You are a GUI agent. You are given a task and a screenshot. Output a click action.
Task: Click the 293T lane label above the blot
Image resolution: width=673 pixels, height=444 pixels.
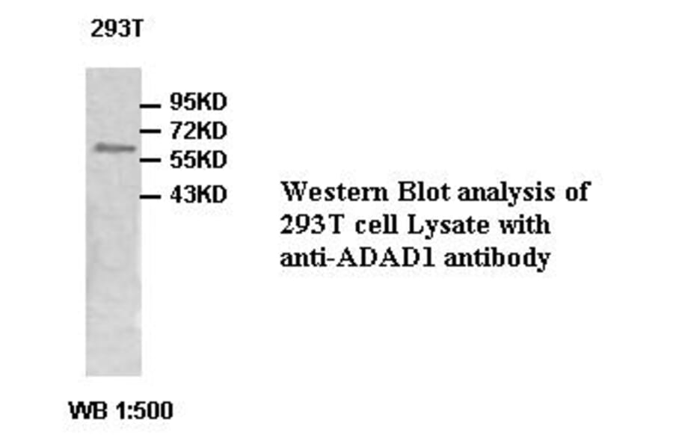(116, 31)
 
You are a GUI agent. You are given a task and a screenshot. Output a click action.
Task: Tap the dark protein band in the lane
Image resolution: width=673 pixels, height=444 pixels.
(114, 148)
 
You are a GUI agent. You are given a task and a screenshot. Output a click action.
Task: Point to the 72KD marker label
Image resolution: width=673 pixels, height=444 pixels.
(198, 132)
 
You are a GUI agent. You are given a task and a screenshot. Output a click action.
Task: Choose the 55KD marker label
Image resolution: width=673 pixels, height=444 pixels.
(197, 160)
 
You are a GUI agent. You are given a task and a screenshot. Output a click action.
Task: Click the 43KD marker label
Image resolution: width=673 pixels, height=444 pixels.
(198, 196)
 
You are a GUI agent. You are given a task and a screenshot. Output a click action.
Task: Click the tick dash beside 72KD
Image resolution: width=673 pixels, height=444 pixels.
(152, 132)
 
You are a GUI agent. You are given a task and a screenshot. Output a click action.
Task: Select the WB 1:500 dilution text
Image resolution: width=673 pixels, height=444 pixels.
(120, 410)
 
